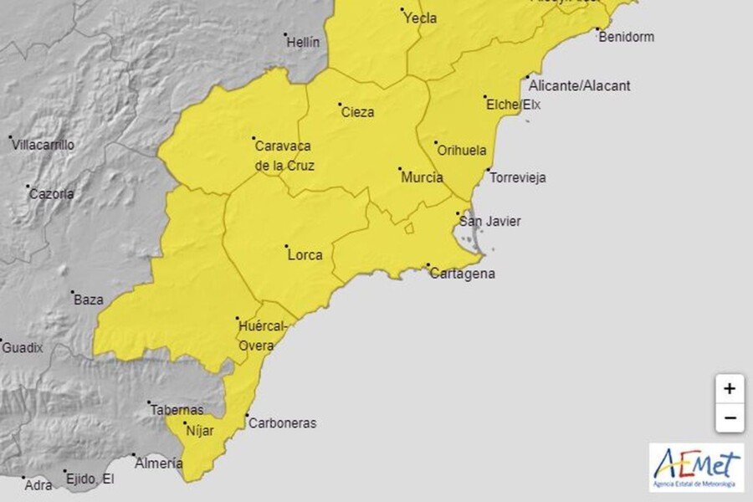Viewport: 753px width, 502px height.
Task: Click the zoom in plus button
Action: pos(730,388)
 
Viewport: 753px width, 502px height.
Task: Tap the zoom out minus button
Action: pos(730,417)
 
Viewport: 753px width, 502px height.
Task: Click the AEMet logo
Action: pos(696,467)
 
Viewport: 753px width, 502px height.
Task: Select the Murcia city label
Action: pos(422,177)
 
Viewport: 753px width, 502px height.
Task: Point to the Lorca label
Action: pos(305,255)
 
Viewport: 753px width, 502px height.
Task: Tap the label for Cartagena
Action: pos(462,274)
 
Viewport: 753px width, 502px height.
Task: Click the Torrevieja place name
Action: pos(518,178)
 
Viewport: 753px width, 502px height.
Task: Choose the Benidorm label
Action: pos(627,37)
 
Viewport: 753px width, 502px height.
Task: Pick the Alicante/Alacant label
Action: pos(580,85)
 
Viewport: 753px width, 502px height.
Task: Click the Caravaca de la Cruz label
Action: pos(284,155)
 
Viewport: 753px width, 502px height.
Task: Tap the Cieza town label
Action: pos(358,112)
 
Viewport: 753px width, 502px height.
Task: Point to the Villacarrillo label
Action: pos(43,145)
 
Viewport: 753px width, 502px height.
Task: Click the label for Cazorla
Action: pos(52,194)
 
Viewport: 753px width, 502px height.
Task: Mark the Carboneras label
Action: pos(282,423)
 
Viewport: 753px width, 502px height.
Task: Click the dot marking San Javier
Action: pos(458,213)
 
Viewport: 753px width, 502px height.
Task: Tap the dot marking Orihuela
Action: pos(435,143)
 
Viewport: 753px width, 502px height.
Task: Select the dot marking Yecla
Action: pos(402,11)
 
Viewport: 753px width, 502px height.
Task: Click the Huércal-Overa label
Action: pos(263,335)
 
